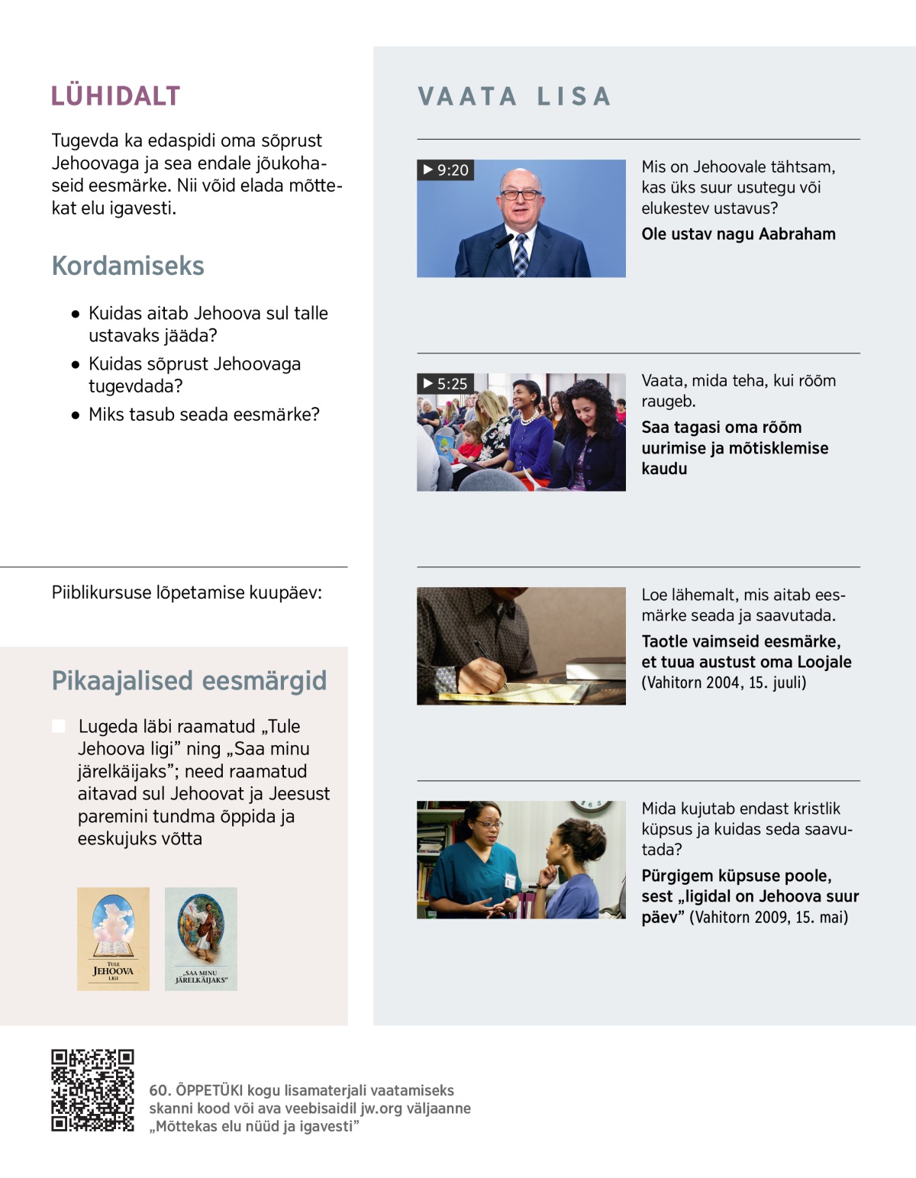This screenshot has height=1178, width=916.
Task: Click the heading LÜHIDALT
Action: click(x=115, y=96)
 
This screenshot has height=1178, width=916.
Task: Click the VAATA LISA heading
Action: click(x=514, y=96)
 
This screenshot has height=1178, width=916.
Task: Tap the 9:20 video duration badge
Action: click(x=446, y=169)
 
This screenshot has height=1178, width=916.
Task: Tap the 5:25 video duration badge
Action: click(x=446, y=383)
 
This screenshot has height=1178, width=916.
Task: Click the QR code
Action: click(x=92, y=1090)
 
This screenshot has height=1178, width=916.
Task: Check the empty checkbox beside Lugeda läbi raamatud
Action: click(x=59, y=726)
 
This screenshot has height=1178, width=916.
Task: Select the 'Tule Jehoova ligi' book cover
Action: click(x=113, y=939)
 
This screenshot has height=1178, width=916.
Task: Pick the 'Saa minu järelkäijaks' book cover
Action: click(x=201, y=939)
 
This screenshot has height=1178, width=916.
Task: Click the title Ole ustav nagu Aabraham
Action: click(x=738, y=234)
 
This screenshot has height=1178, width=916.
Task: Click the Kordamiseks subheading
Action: click(x=127, y=266)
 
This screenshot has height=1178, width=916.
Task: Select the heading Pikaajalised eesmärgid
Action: click(x=189, y=681)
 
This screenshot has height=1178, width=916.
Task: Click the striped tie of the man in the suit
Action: click(x=521, y=254)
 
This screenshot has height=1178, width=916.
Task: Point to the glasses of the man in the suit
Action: click(x=520, y=195)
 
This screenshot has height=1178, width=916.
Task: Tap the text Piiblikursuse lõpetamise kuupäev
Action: click(x=186, y=592)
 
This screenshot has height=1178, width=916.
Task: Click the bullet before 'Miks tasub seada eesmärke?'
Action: click(x=75, y=416)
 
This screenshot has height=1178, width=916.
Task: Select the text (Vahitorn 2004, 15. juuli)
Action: click(x=724, y=683)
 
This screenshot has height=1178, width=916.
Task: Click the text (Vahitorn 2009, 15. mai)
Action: click(x=769, y=917)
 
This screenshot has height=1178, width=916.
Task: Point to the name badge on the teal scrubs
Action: click(x=510, y=880)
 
